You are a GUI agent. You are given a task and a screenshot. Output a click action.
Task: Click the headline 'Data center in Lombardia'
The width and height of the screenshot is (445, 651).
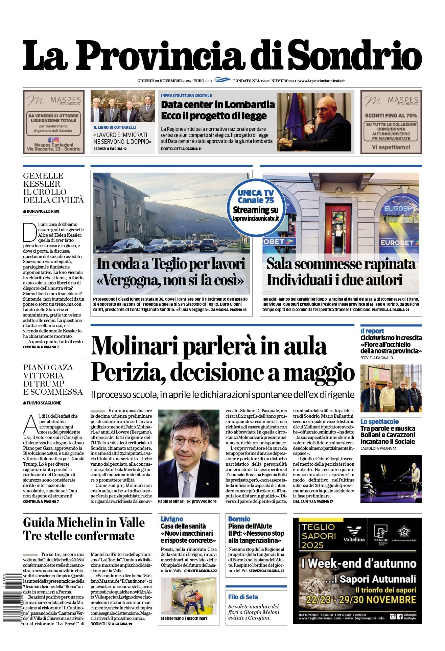point(218,104)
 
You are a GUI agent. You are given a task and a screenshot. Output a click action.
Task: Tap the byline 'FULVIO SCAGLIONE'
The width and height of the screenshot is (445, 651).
point(44,403)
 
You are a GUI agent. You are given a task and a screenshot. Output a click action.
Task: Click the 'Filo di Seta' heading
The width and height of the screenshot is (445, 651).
point(243,597)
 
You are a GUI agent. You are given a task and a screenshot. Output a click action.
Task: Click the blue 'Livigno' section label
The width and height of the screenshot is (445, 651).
point(172,519)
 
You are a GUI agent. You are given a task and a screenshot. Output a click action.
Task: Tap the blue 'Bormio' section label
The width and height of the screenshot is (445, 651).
point(239,519)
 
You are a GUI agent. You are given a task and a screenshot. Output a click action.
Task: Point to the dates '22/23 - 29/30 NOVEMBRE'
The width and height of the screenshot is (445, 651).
point(361,600)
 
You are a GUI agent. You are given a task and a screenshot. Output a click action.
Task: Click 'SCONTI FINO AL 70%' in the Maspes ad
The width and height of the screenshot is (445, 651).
point(391,116)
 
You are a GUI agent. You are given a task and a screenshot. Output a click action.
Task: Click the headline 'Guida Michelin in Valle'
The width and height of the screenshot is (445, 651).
point(84,522)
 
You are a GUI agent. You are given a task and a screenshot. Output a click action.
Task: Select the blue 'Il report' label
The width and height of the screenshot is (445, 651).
point(372,331)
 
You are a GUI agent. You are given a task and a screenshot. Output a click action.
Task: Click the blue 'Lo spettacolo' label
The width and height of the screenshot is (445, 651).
point(379,422)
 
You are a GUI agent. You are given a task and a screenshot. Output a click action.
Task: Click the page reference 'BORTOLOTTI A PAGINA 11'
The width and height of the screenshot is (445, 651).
point(181,149)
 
